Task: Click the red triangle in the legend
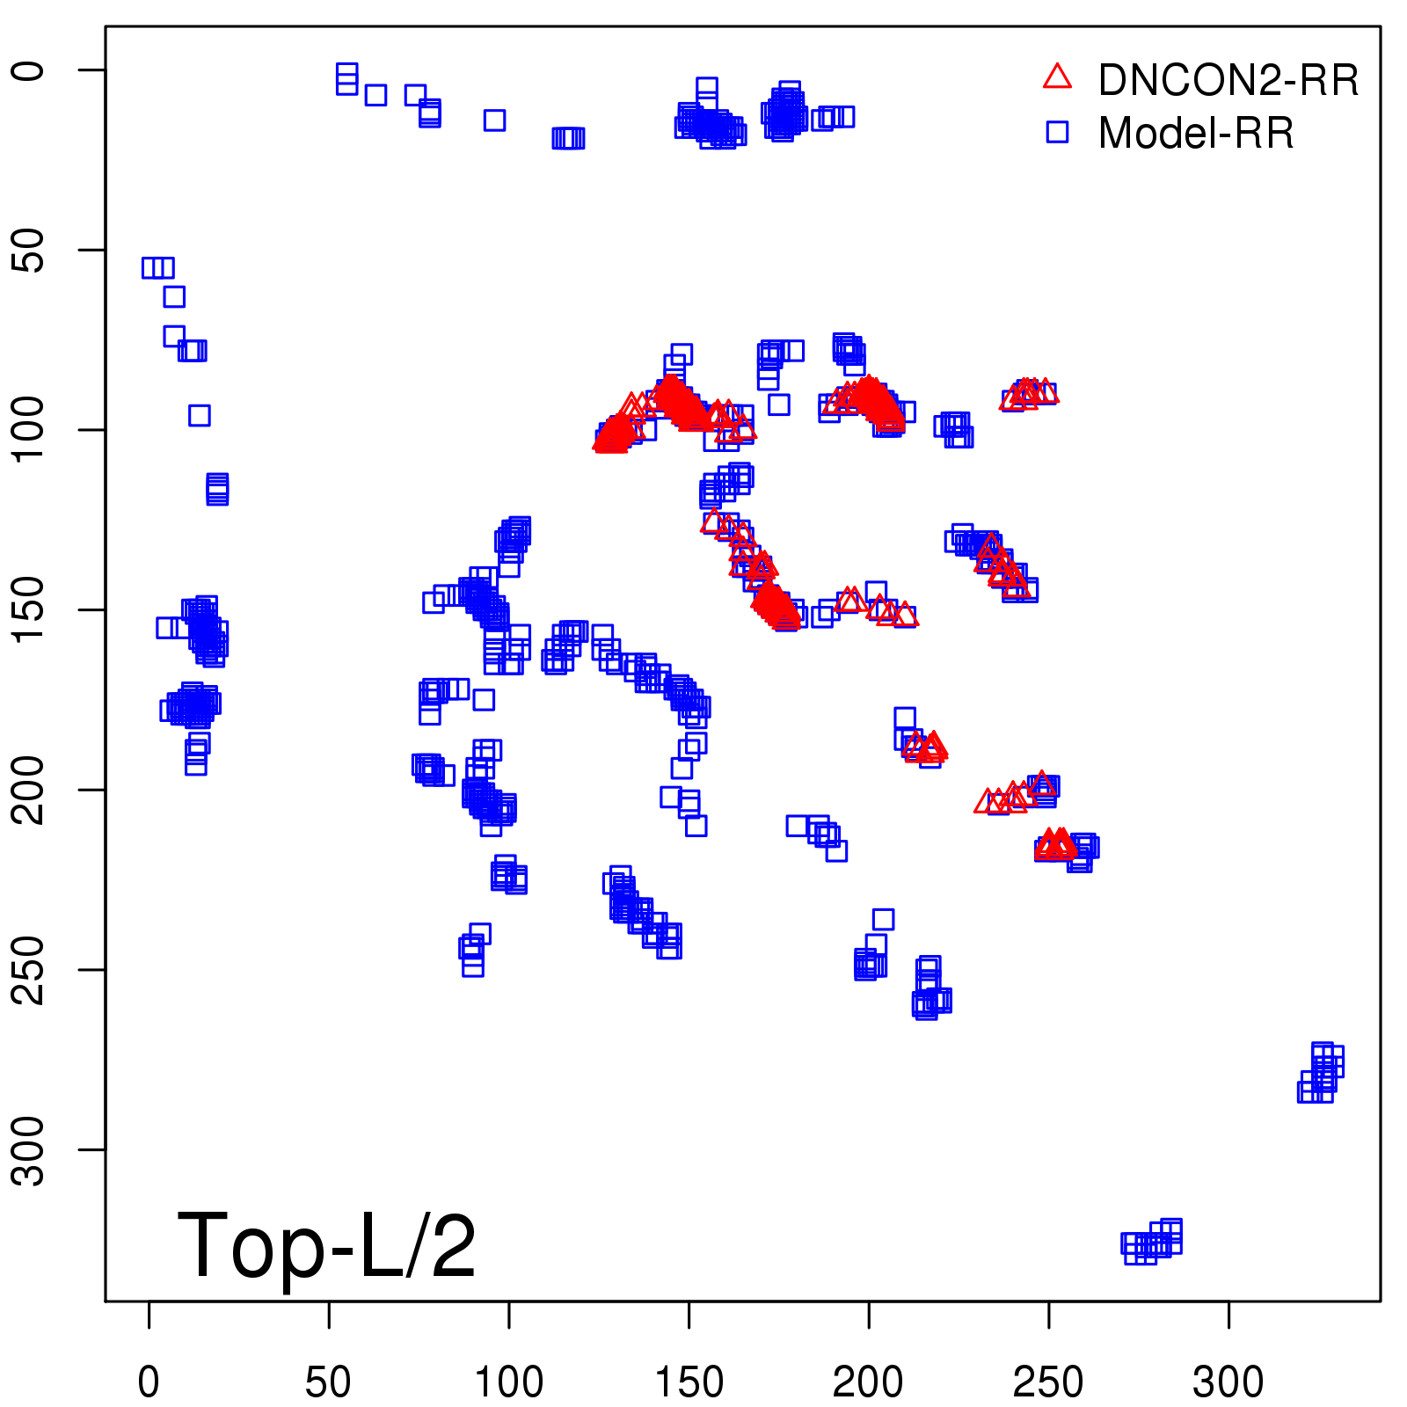[1057, 77]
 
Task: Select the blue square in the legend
[1057, 132]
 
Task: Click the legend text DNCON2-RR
[1228, 81]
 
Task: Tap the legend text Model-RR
[1196, 134]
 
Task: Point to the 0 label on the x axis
[149, 1382]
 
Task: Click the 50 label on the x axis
[328, 1382]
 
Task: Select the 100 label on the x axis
[508, 1382]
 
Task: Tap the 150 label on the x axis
[689, 1382]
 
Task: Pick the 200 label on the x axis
[868, 1382]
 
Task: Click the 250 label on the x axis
[1048, 1382]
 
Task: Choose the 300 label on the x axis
[1228, 1382]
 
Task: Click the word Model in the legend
[1159, 134]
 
